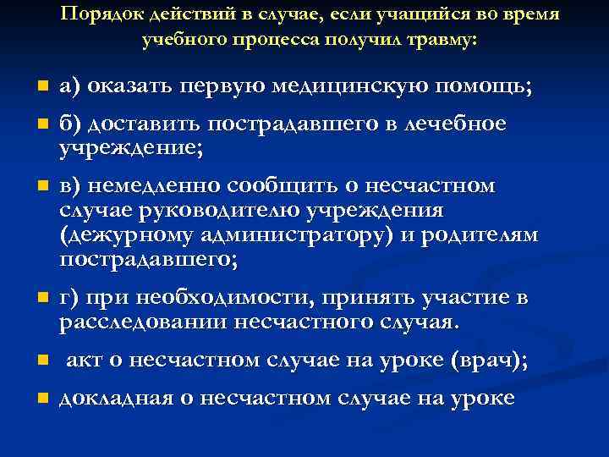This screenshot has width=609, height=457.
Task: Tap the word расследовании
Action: (x=135, y=322)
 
